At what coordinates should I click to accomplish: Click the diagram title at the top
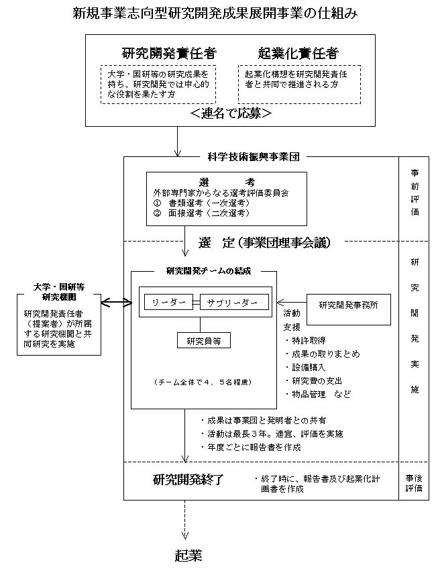[x=215, y=13]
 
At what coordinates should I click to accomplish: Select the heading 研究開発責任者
[x=169, y=54]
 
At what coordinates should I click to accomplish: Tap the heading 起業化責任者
[x=298, y=54]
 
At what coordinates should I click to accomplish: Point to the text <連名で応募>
[x=231, y=113]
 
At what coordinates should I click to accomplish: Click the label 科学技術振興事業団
[x=254, y=157]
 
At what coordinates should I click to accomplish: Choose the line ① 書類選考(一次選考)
[x=202, y=203]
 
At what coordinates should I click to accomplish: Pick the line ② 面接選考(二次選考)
[x=202, y=213]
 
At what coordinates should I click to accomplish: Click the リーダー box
[x=168, y=302]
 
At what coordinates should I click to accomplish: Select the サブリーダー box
[x=234, y=302]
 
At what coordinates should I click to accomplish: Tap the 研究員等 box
[x=204, y=341]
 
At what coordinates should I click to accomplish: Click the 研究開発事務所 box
[x=349, y=309]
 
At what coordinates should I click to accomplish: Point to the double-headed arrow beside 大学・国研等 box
[x=116, y=302]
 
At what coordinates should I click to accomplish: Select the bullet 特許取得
[x=305, y=341]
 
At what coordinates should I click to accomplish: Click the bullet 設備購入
[x=305, y=367]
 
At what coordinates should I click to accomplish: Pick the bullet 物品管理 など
[x=318, y=394]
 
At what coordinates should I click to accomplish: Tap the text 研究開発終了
[x=188, y=480]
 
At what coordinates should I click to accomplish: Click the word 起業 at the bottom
[x=188, y=556]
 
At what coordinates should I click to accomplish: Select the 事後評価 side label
[x=414, y=483]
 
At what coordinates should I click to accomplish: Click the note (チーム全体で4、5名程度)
[x=203, y=382]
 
